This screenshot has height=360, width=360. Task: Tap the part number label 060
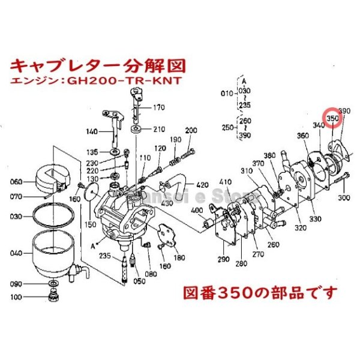pyautogui.click(x=16, y=181)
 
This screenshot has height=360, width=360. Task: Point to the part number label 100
pyautogui.click(x=16, y=296)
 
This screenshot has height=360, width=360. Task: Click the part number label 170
pyautogui.click(x=158, y=109)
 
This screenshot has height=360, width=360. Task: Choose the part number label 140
pyautogui.click(x=92, y=131)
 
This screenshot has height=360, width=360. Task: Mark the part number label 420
pyautogui.click(x=202, y=184)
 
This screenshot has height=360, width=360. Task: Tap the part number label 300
pyautogui.click(x=344, y=197)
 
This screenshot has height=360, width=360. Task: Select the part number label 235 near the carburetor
pyautogui.click(x=106, y=256)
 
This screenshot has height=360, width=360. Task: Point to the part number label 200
pyautogui.click(x=191, y=131)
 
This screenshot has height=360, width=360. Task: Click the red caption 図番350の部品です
pyautogui.click(x=259, y=293)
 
